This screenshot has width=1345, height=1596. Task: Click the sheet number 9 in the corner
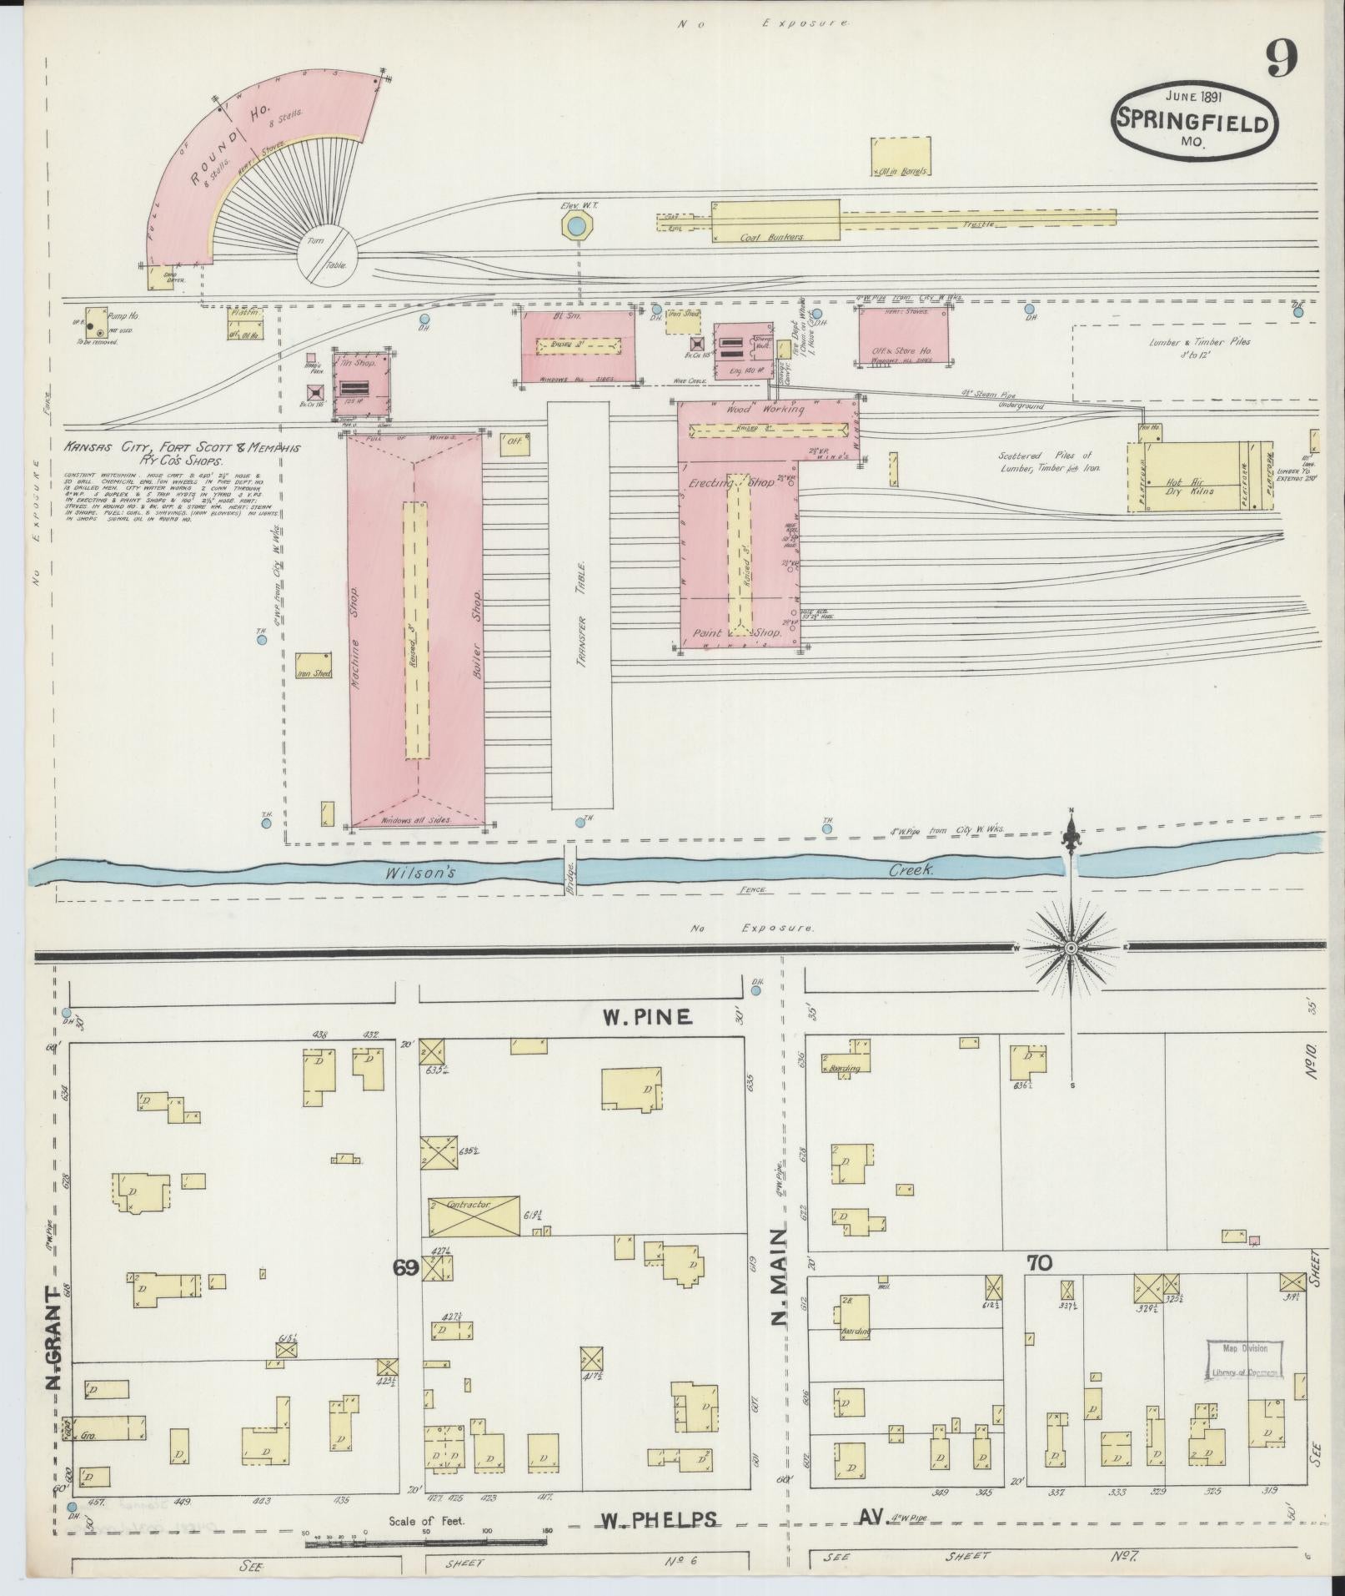point(1282,58)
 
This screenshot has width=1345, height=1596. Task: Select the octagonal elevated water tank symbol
point(575,225)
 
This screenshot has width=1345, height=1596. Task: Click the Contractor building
point(474,1216)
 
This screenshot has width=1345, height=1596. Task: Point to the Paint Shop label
point(738,633)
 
